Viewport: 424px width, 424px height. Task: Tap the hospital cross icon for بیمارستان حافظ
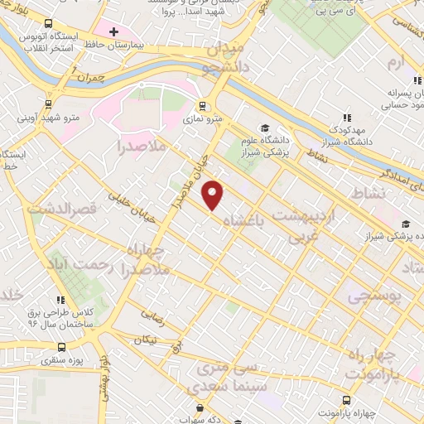(113, 31)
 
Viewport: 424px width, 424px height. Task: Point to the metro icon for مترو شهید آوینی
(48, 104)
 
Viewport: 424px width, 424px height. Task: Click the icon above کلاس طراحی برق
(60, 301)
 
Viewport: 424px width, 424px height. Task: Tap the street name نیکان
(146, 340)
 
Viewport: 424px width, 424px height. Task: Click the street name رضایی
(152, 316)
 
